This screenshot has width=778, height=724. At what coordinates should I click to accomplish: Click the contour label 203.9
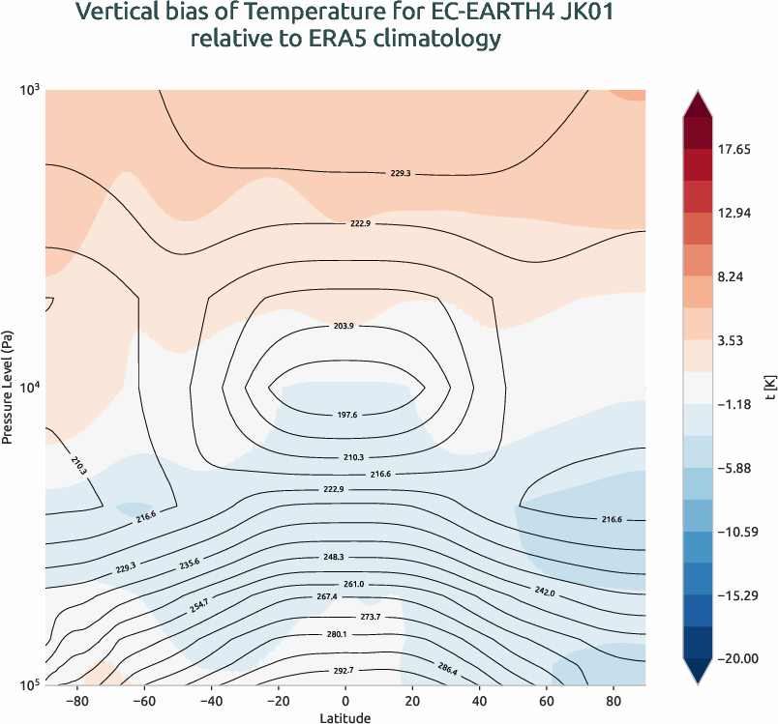pos(344,327)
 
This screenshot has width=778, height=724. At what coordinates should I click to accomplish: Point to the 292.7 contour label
pos(344,670)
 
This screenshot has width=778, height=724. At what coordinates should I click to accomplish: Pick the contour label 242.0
pos(545,590)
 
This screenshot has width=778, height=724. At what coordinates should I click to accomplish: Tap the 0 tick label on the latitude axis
pos(344,700)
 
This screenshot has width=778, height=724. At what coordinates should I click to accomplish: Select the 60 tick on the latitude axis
pos(546,700)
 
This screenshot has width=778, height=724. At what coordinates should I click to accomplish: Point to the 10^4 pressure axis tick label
pos(28,388)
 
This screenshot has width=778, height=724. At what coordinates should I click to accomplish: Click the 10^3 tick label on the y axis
pos(28,90)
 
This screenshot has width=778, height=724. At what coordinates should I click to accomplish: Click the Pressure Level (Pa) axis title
pos(8,387)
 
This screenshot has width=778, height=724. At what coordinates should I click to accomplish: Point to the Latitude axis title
pos(344,717)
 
